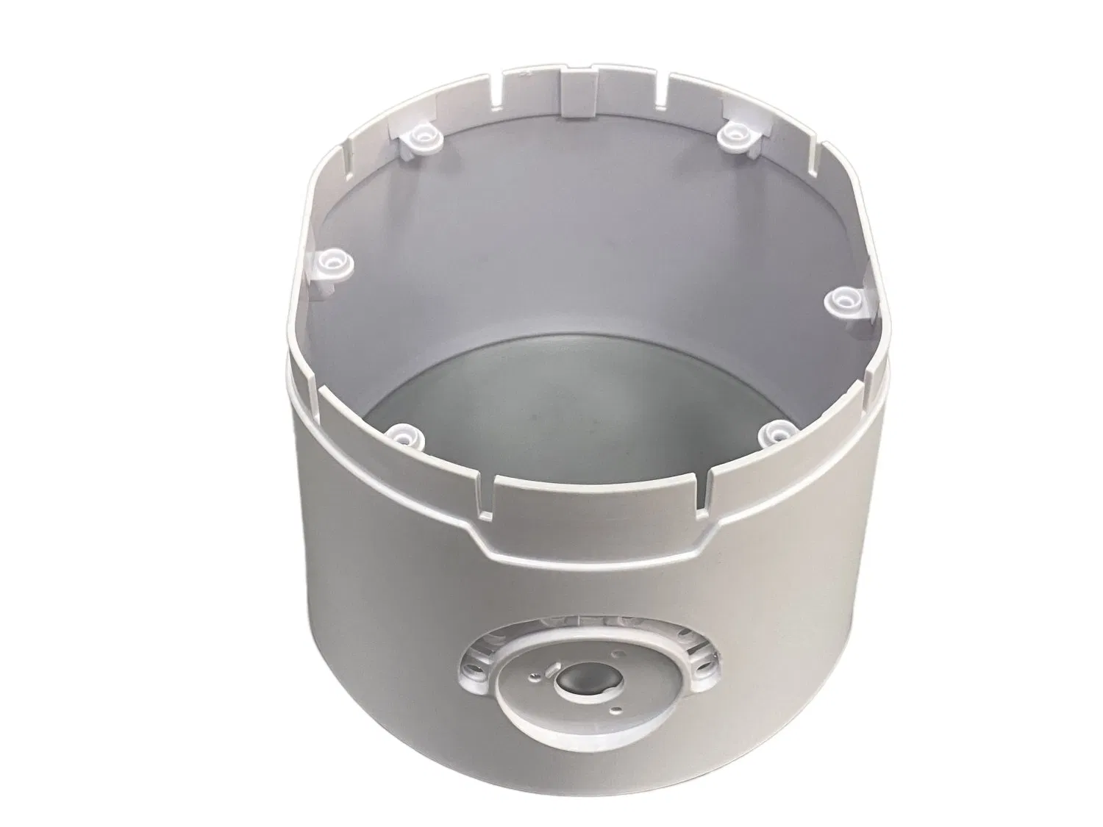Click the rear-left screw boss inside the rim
420,135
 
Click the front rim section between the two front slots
599,496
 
